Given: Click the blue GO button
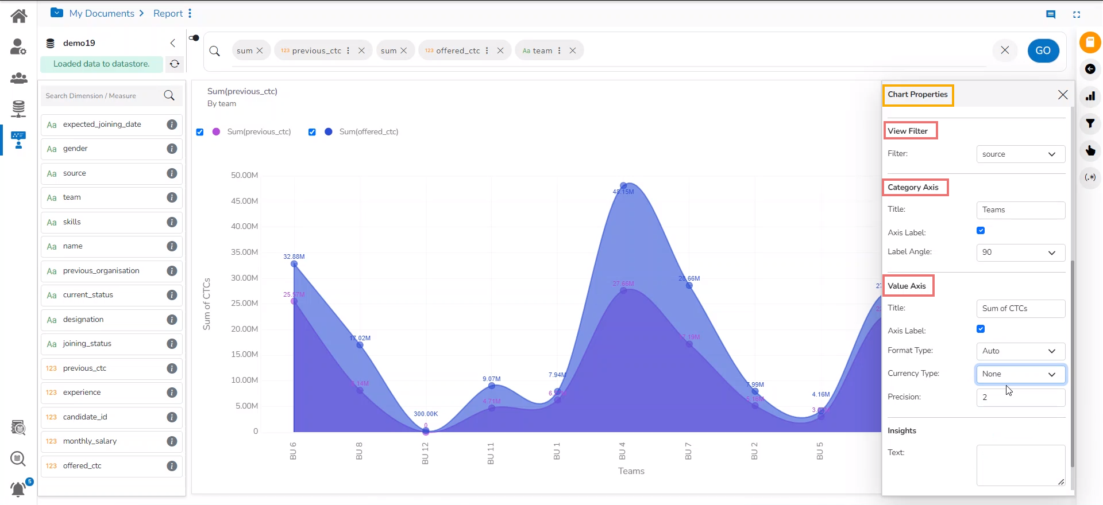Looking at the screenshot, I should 1043,50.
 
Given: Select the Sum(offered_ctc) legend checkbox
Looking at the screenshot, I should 312,132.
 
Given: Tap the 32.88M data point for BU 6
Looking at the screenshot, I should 294,264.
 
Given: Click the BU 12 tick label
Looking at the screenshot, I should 425,453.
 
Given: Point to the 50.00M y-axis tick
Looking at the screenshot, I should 244,175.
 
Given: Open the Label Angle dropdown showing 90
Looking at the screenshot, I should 1020,252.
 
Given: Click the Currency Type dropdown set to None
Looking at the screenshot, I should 1020,374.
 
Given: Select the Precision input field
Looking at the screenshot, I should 1020,397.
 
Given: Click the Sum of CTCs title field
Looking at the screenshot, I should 1020,309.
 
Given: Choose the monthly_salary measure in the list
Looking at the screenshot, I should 90,441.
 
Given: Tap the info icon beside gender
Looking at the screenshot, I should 172,149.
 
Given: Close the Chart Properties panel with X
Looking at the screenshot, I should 1063,95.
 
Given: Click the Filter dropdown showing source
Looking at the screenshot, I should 1020,154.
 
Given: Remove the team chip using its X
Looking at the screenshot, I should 573,50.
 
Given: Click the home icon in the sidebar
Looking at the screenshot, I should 19,16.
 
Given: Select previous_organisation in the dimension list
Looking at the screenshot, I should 101,271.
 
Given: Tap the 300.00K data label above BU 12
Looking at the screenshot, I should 426,414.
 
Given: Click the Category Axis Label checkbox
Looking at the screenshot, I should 981,231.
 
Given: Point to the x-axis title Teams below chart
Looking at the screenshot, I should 631,471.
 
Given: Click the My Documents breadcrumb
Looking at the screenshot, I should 102,13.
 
